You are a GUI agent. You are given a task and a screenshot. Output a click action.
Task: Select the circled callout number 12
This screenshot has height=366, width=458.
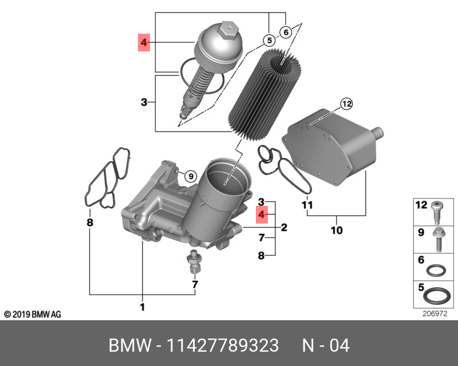tap(346, 104)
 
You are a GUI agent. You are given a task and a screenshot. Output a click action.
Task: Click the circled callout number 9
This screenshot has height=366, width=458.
tap(191, 176)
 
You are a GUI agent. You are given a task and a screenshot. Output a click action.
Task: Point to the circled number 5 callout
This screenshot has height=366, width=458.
tap(267, 40)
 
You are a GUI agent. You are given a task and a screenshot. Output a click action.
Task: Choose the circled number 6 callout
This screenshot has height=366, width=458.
tap(285, 32)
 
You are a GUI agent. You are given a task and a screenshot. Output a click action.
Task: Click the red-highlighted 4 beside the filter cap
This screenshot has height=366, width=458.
tap(143, 42)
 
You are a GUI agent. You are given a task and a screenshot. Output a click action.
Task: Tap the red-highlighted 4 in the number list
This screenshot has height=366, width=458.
tap(261, 214)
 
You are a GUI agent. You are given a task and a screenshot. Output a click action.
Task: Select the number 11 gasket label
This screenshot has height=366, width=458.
tap(307, 204)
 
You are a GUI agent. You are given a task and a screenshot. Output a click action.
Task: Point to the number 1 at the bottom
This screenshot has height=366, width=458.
tap(142, 308)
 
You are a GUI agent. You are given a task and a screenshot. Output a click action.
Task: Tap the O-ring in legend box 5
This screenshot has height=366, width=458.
tap(436, 296)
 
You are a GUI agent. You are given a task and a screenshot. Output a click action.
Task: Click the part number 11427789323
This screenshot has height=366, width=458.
tap(222, 346)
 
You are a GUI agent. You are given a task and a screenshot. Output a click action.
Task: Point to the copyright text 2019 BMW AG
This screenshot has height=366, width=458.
tap(33, 315)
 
